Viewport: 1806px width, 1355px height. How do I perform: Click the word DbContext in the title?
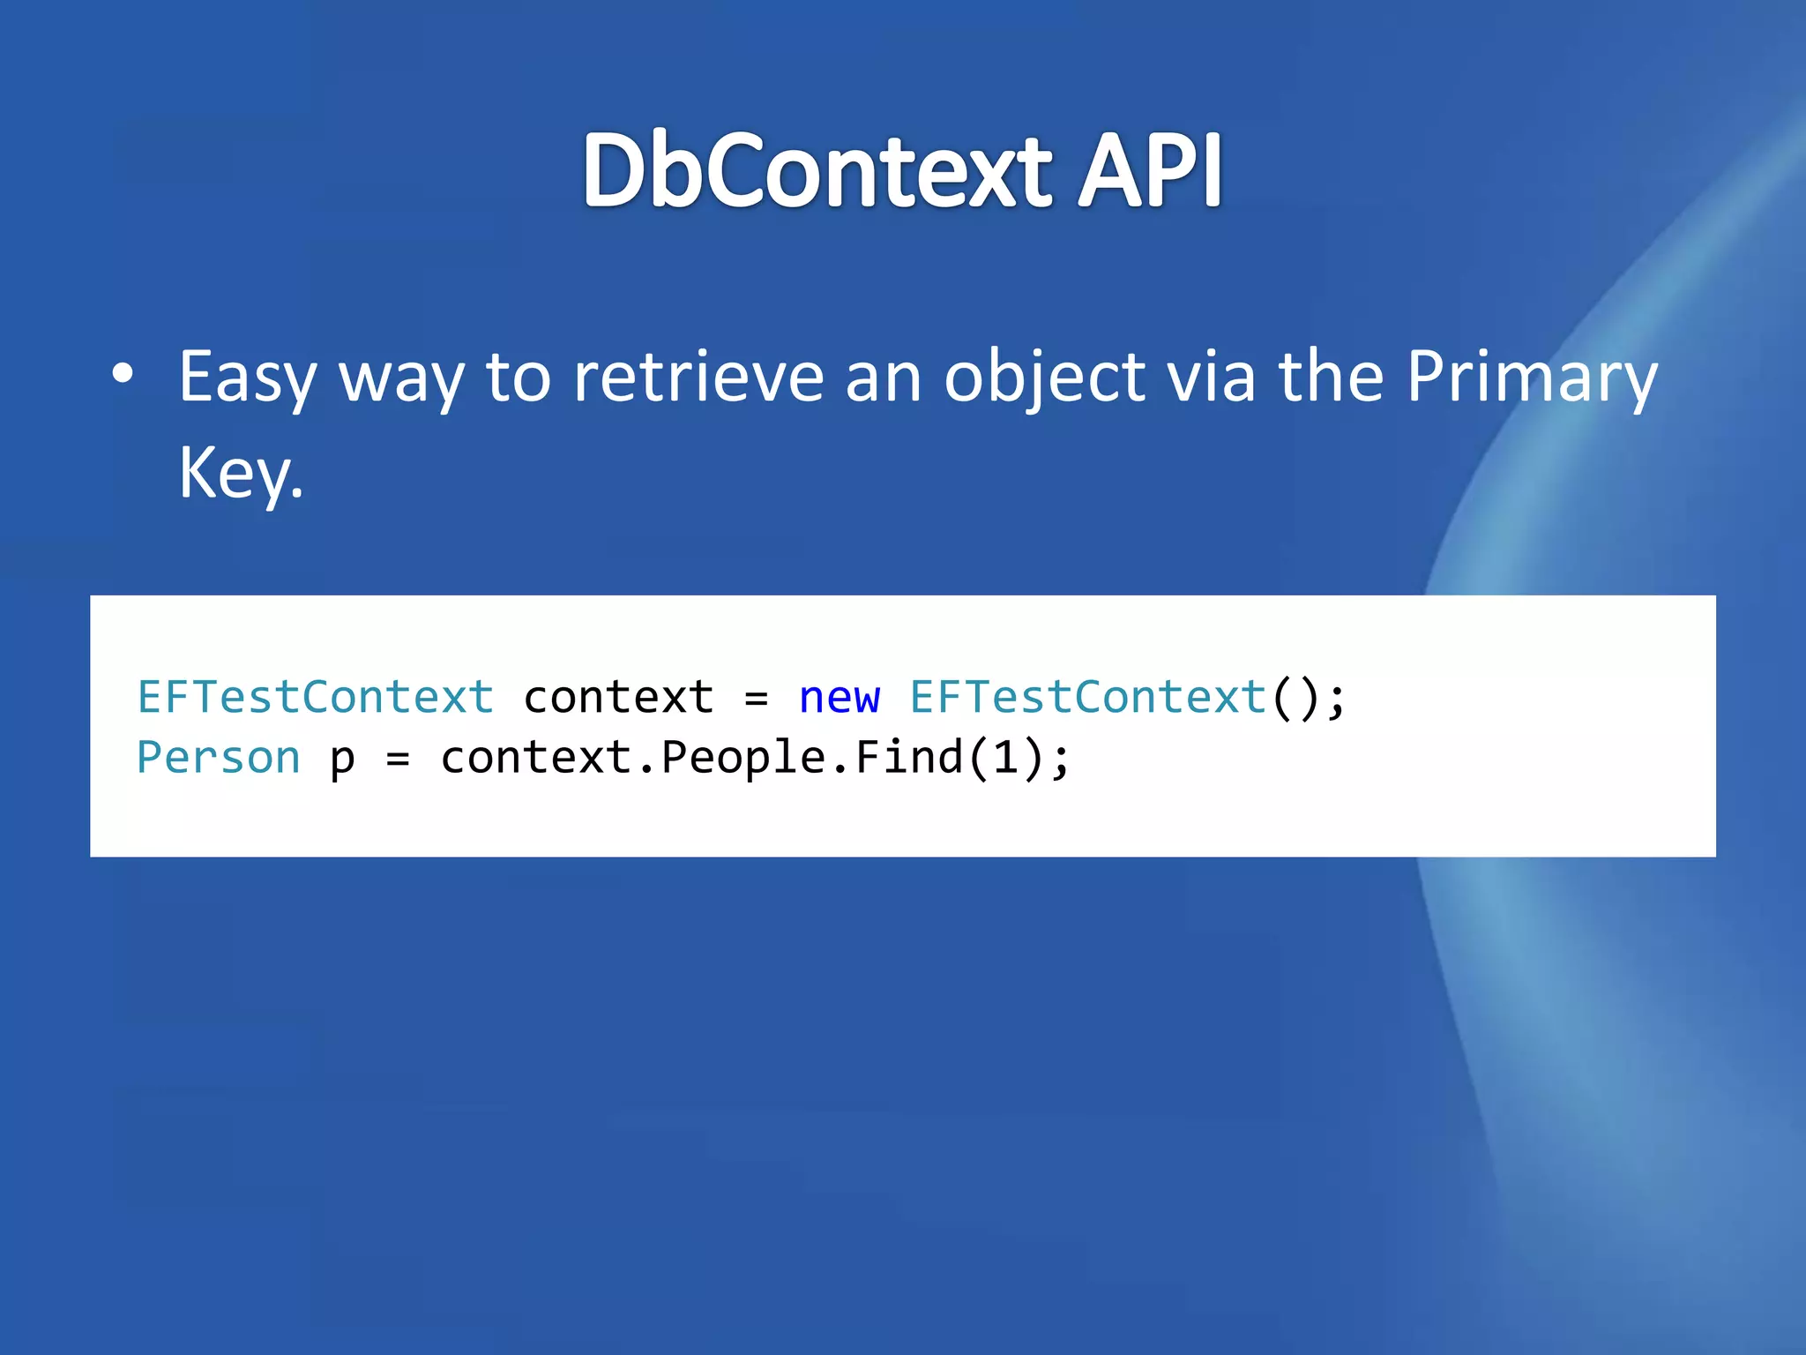817,170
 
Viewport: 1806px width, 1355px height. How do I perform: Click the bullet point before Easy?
123,374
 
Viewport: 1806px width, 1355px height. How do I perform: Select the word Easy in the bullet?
248,378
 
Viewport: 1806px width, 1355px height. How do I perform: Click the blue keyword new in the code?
839,698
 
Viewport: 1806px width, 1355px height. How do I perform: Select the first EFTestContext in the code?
316,698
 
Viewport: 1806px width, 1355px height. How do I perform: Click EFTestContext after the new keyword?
1088,698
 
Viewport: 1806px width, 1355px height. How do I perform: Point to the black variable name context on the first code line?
618,698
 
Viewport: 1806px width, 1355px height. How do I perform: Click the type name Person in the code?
219,758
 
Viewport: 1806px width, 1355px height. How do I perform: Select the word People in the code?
743,758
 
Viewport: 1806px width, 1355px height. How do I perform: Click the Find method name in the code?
909,758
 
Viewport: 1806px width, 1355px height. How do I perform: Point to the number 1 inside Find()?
1005,758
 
